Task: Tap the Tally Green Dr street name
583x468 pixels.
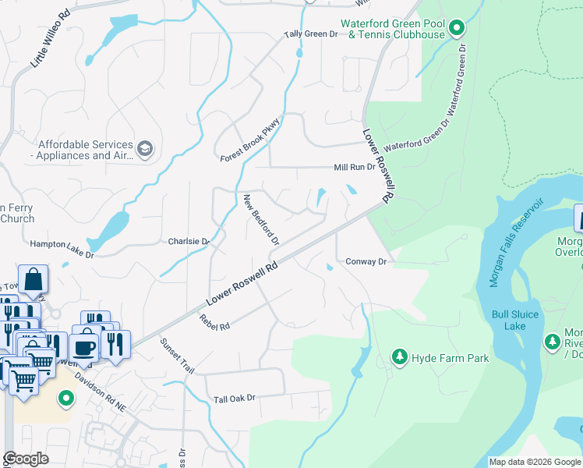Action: pyautogui.click(x=310, y=34)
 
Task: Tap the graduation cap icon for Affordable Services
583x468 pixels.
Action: pyautogui.click(x=145, y=148)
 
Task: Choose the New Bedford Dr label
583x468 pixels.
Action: pyautogui.click(x=261, y=219)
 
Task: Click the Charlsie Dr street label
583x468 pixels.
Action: pyautogui.click(x=189, y=242)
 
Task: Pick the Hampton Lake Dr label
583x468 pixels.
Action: pyautogui.click(x=62, y=244)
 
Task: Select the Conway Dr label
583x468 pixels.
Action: pyautogui.click(x=366, y=262)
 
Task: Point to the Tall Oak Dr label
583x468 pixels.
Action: pyautogui.click(x=235, y=399)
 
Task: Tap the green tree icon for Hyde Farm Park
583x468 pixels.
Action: pyautogui.click(x=400, y=356)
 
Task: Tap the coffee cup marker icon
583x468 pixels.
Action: pyautogui.click(x=83, y=347)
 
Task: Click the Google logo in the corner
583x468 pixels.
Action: pyautogui.click(x=26, y=459)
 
